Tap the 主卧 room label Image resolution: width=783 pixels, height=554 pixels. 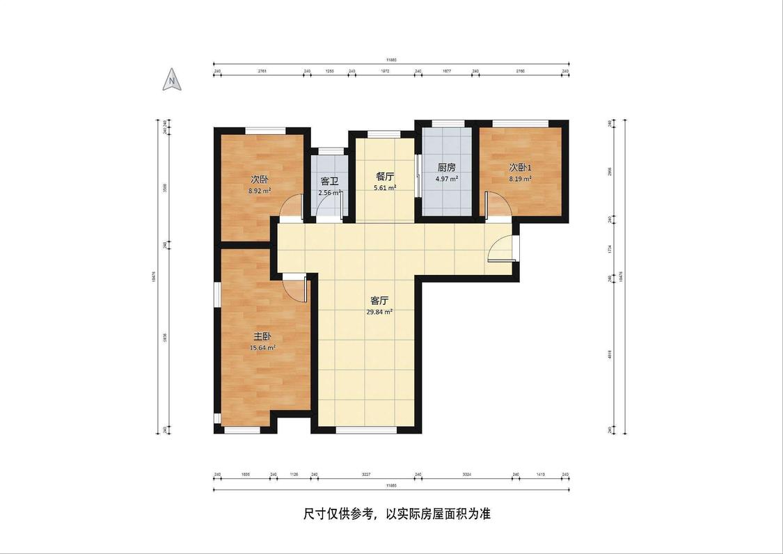tap(262, 336)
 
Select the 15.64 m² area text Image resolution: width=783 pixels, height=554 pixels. tap(262, 348)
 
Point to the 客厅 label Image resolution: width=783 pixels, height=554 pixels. tap(379, 301)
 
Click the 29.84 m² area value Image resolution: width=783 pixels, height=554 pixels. tap(379, 312)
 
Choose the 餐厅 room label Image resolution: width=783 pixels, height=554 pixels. tap(385, 176)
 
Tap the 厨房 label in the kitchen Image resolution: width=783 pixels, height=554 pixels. tap(447, 168)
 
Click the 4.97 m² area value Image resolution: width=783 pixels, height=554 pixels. tap(447, 179)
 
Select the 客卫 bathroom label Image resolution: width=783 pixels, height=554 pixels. tap(329, 182)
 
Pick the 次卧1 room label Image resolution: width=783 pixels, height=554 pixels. tap(520, 167)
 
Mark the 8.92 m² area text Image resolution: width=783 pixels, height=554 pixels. tap(260, 190)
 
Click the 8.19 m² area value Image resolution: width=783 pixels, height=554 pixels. tap(520, 179)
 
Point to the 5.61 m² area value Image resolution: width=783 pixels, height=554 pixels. tap(385, 188)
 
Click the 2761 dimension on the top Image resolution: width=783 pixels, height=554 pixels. tap(262, 71)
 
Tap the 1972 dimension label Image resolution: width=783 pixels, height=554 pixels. tap(385, 71)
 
